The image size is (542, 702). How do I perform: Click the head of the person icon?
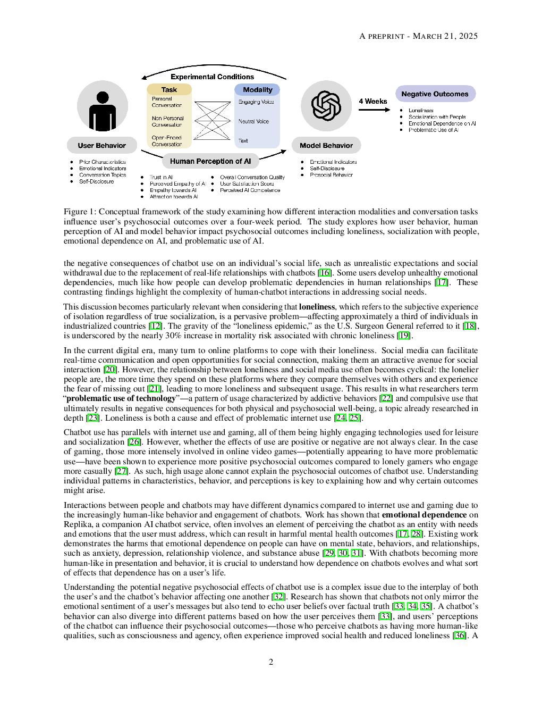[x=103, y=97]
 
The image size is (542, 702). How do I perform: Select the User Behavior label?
[x=102, y=145]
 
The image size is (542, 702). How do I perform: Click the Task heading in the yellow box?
[x=169, y=90]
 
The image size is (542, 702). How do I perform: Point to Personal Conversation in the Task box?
[x=166, y=102]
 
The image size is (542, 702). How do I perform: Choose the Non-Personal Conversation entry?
[x=167, y=122]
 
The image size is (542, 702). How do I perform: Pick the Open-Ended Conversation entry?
[x=166, y=141]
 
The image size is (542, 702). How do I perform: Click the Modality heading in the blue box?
[x=257, y=90]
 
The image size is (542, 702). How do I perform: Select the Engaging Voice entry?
[x=256, y=102]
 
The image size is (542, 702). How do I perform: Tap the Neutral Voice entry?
[x=253, y=121]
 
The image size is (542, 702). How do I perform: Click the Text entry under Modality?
[x=243, y=141]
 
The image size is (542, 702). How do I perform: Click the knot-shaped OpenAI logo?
[x=326, y=106]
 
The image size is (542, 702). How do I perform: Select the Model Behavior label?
[x=326, y=145]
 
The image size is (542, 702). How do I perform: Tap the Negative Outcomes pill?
[x=435, y=94]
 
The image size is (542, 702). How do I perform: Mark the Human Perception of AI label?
[x=210, y=161]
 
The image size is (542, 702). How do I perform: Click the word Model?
[x=310, y=145]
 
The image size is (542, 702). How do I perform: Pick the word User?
[x=86, y=145]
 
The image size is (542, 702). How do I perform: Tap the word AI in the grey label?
[x=247, y=161]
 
